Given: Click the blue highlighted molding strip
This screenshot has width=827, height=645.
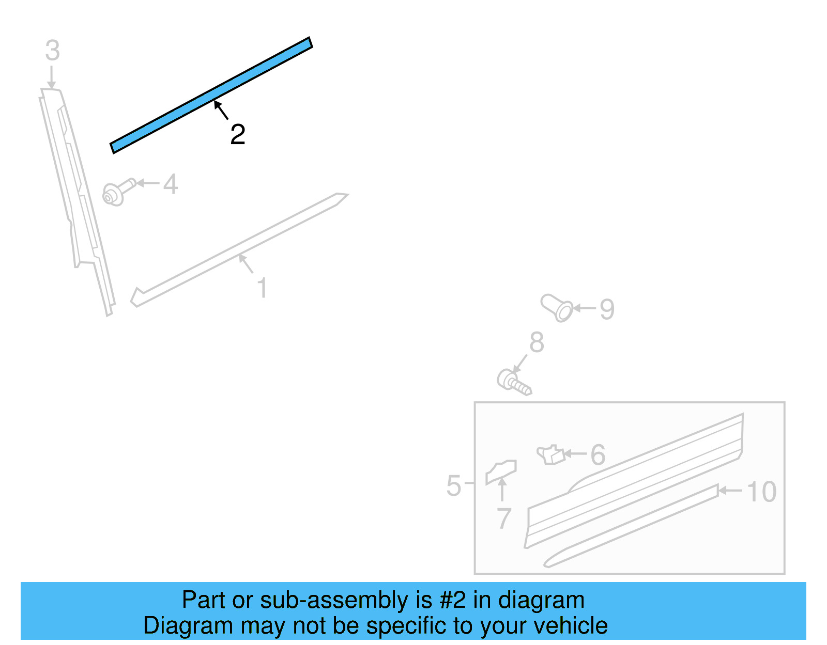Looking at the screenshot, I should point(211,95).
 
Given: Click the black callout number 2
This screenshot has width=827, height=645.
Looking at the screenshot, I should point(238,135).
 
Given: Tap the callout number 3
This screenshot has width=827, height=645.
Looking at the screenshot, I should point(52,51).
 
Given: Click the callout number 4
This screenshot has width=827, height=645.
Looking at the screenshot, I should point(171,184).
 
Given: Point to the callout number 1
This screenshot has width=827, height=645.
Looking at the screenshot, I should point(262,288).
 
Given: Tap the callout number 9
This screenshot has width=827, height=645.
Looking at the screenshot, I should point(607,309).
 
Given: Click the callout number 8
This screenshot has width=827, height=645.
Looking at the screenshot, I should point(537,342).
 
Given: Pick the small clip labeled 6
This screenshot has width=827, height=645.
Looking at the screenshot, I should point(550,454).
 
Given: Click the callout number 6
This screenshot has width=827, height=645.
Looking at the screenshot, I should point(598,455).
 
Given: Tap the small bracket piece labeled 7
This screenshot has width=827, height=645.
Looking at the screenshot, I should point(500,471).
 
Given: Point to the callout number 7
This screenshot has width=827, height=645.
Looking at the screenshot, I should point(504,518).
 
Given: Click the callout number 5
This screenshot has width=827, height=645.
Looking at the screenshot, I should point(453,486).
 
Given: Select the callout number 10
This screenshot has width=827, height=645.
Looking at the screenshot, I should point(761,492).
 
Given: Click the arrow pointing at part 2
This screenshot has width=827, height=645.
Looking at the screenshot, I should point(221,110).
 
